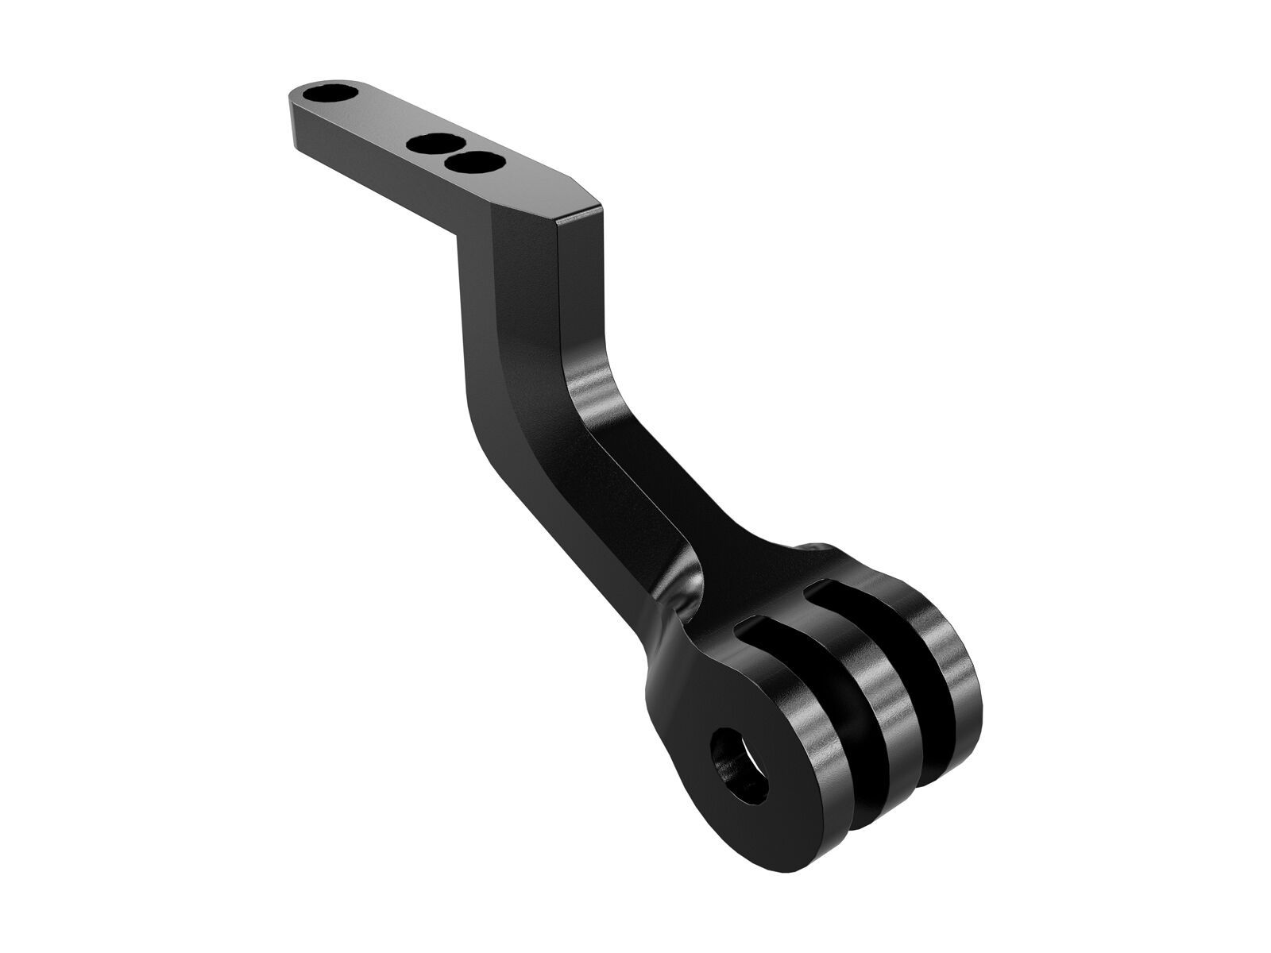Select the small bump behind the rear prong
pyautogui.click(x=818, y=550)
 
